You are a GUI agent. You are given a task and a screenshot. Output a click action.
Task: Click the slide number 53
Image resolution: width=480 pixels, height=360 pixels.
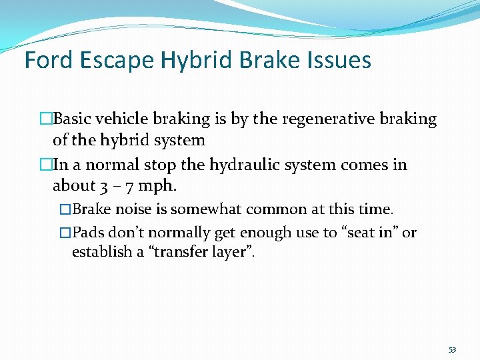(453, 349)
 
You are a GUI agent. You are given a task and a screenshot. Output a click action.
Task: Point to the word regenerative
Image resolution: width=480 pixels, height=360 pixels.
(315, 119)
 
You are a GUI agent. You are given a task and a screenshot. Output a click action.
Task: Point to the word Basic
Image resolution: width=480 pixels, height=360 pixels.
(73, 119)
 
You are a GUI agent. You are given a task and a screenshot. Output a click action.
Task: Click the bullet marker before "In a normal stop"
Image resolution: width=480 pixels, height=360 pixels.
(45, 165)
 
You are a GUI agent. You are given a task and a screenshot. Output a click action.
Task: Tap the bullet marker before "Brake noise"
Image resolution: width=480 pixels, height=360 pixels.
(65, 209)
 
